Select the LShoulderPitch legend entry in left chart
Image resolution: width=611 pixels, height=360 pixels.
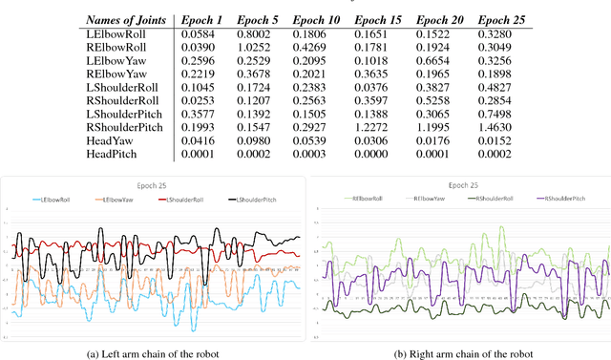pyautogui.click(x=251, y=199)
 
